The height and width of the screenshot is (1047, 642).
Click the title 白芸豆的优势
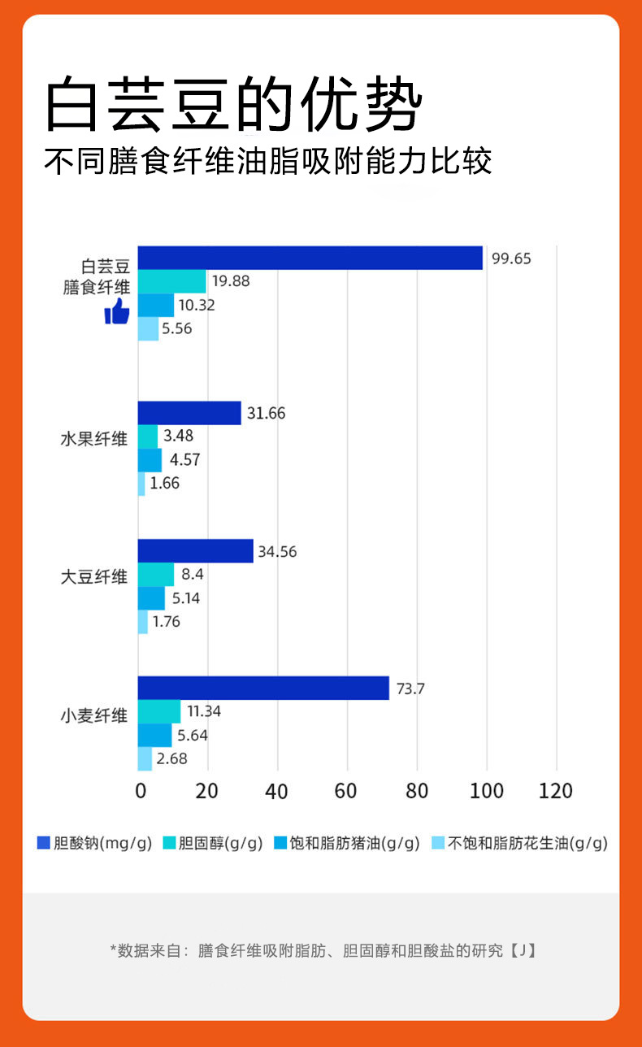point(234,106)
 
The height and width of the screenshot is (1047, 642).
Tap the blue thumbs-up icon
point(117,311)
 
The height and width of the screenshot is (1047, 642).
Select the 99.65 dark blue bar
point(310,258)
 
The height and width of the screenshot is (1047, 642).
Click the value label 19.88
point(231,281)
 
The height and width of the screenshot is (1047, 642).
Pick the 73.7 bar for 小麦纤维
point(263,688)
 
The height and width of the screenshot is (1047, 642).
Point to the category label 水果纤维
point(95,439)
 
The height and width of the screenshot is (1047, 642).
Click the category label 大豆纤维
point(95,577)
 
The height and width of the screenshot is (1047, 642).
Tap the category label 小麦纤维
point(95,716)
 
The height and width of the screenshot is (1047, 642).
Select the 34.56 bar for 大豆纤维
point(195,551)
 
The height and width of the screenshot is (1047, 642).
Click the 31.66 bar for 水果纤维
point(189,413)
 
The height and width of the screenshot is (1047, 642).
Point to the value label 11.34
point(204,711)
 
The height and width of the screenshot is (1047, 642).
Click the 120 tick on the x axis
point(556,791)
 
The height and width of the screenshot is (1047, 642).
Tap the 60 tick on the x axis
point(347,791)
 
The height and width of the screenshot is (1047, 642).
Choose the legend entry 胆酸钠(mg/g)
point(95,843)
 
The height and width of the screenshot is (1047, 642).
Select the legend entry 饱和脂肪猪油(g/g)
point(347,843)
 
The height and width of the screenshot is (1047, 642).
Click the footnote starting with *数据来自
point(322,949)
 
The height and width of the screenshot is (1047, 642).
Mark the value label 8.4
point(192,575)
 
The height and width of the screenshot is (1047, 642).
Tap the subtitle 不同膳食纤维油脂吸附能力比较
point(268,161)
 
